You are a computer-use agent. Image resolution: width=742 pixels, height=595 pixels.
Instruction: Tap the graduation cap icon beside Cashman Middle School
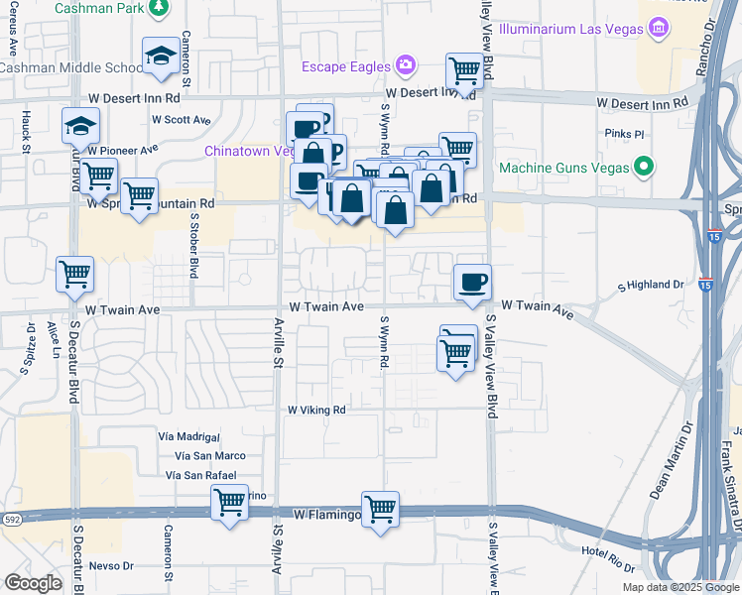(x=160, y=57)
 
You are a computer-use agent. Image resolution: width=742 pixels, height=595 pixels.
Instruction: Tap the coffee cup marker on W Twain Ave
(x=471, y=282)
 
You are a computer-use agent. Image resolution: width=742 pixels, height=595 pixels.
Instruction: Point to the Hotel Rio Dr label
(x=607, y=551)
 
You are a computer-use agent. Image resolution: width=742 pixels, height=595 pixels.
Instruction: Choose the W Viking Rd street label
(x=316, y=410)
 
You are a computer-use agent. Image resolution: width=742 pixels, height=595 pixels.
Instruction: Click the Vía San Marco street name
(x=209, y=455)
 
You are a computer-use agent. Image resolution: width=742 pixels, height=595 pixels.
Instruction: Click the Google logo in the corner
(x=33, y=583)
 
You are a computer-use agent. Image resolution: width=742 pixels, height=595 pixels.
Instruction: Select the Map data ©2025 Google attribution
(x=680, y=587)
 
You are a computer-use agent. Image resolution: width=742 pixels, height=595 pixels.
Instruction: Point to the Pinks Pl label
(x=625, y=132)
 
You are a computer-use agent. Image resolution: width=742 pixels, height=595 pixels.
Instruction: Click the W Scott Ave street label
(x=181, y=120)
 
